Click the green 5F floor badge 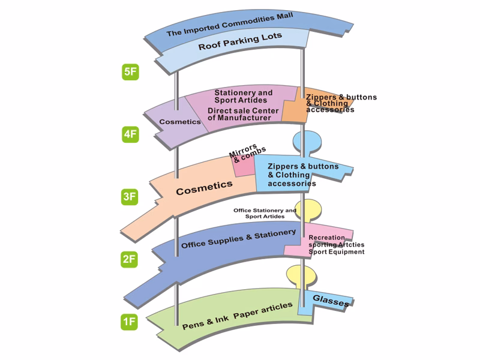[130, 73]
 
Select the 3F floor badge [130, 196]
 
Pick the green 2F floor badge [130, 259]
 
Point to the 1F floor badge [130, 322]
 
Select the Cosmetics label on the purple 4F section [180, 122]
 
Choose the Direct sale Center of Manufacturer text [239, 114]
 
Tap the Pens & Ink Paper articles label [237, 315]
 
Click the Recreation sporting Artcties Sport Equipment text [336, 245]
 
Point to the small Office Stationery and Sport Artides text [265, 213]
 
